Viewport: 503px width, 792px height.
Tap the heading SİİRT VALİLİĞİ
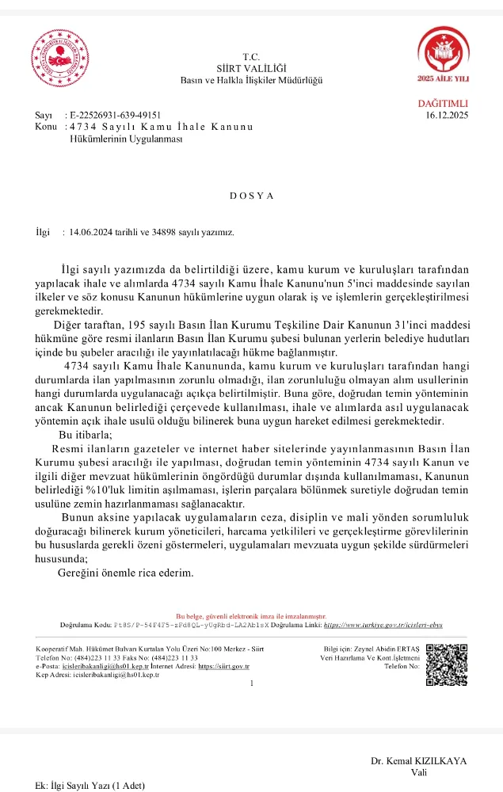click(251, 69)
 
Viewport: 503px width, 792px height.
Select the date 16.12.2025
click(447, 116)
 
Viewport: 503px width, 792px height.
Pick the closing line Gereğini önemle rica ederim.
click(126, 572)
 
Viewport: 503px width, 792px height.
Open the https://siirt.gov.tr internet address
click(223, 667)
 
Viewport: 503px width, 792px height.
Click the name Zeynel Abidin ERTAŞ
click(385, 650)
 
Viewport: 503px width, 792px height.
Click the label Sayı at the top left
click(44, 116)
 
